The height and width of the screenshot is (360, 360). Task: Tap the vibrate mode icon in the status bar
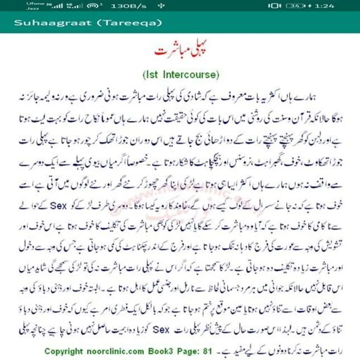pyautogui.click(x=274, y=6)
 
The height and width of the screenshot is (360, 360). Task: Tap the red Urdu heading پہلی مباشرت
pyautogui.click(x=180, y=52)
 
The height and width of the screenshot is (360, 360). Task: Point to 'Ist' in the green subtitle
pyautogui.click(x=151, y=74)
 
